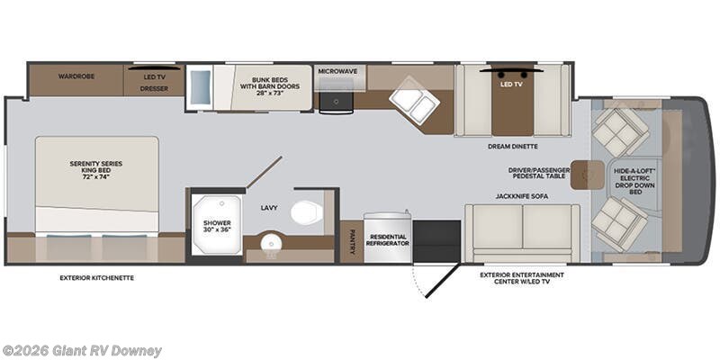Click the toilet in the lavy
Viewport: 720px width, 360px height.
click(x=307, y=211)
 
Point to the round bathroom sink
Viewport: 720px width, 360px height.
click(x=269, y=242)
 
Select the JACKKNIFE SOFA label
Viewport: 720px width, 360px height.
click(x=520, y=194)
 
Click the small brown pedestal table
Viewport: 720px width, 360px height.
click(x=585, y=173)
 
